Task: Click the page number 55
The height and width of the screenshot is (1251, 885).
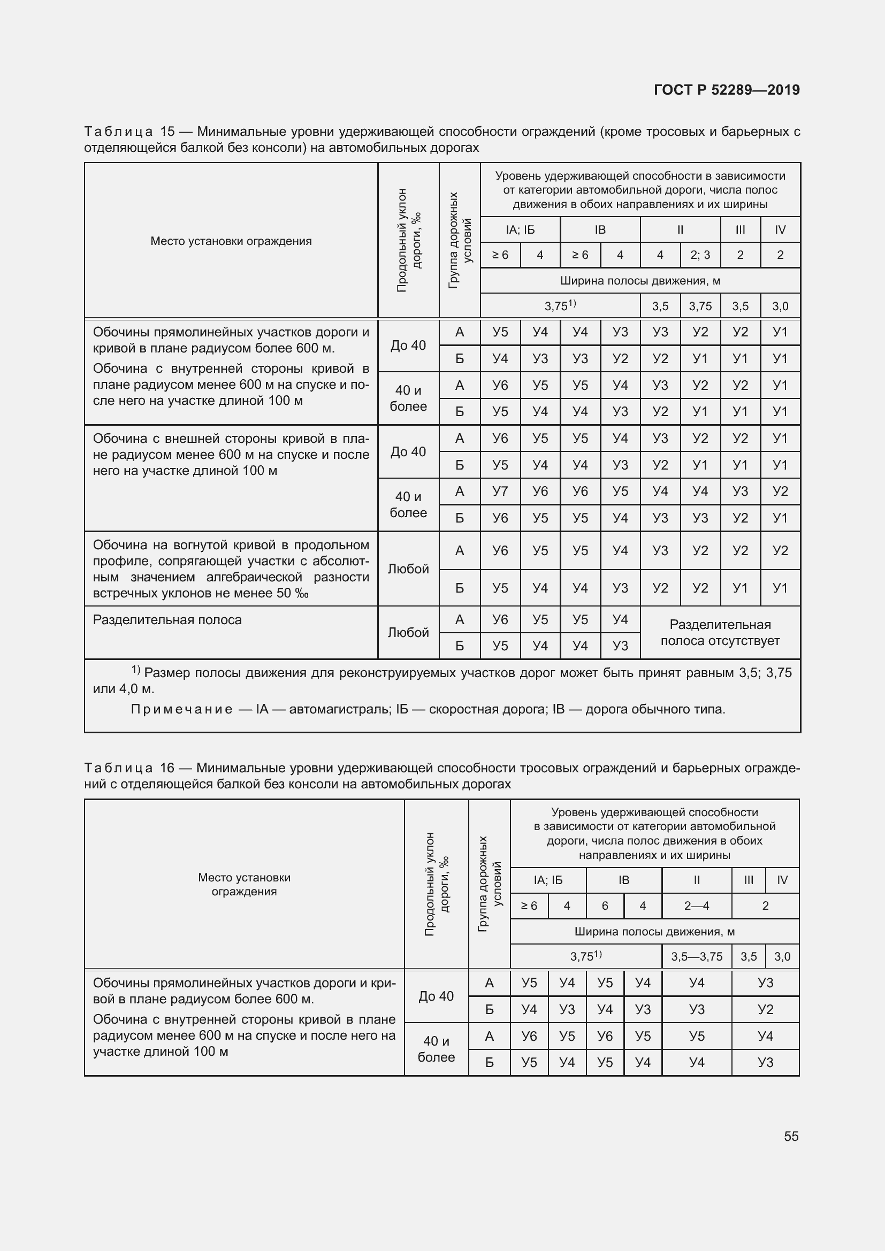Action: (791, 1136)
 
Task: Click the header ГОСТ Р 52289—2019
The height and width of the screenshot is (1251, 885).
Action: (727, 90)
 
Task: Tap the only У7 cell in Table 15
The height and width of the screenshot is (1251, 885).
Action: (500, 492)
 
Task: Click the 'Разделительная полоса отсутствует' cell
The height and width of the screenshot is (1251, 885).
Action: (720, 633)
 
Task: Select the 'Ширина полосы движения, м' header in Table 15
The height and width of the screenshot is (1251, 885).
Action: (640, 281)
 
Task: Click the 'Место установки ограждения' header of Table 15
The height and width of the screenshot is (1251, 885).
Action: (231, 241)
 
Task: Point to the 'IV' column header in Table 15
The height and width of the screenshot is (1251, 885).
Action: (780, 230)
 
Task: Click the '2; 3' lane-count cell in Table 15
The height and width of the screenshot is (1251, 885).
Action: (700, 255)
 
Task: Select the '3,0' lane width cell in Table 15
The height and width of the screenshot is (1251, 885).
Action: (780, 306)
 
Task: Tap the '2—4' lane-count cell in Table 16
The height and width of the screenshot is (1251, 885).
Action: (697, 905)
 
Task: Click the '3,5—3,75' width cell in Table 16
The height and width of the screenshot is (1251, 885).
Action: (697, 956)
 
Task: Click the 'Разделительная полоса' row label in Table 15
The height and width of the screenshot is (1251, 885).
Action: (167, 620)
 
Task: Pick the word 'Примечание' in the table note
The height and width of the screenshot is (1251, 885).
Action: (181, 709)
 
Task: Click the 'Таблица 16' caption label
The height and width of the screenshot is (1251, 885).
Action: (129, 768)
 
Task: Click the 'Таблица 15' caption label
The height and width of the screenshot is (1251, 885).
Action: (129, 132)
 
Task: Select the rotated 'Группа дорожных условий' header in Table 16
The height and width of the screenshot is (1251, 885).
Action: (490, 884)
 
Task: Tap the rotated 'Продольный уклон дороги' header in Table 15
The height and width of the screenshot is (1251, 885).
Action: (408, 240)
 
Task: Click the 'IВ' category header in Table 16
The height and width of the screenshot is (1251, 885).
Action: (623, 880)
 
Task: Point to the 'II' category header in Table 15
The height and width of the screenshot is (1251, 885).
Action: (680, 230)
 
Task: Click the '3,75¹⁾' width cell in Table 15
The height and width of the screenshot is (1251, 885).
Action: (560, 306)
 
